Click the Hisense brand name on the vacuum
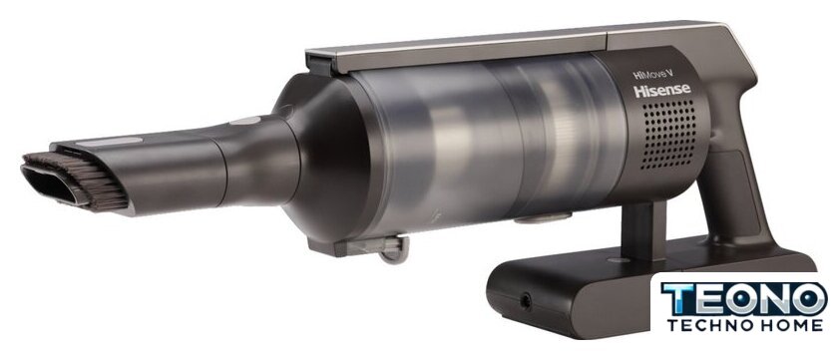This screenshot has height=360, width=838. tap(662, 91)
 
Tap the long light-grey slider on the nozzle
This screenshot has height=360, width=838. tap(109, 142)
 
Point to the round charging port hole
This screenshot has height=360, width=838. tap(525, 302)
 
